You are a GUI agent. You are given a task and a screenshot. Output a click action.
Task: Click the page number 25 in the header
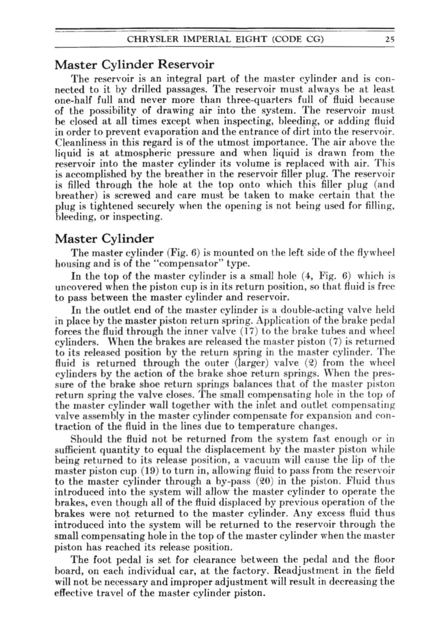pos(390,39)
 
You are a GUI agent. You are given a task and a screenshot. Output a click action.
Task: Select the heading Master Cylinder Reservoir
pos(134,65)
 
